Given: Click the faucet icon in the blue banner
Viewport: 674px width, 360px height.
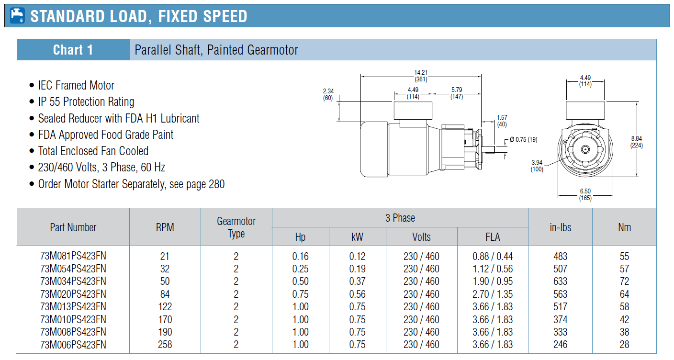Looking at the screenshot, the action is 17,16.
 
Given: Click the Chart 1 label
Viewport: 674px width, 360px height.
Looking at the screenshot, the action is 73,50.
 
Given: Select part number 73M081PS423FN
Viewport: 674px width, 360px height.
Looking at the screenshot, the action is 73,256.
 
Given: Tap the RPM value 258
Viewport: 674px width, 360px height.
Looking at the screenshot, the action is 165,344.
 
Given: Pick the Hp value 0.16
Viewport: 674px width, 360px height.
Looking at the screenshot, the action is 300,256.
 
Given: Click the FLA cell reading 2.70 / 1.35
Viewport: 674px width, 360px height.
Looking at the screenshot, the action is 493,294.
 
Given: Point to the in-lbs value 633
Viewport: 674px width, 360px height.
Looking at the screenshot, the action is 560,281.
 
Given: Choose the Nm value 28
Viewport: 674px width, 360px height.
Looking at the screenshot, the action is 624,344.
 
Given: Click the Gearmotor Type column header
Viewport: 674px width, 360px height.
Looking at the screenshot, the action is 236,227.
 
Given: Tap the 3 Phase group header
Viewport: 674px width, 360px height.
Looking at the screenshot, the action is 400,218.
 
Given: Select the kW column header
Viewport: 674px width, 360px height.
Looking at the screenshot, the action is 357,237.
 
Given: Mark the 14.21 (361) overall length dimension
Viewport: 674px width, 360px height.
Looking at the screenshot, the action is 421,76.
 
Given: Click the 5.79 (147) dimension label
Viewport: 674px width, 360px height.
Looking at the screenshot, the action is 457,93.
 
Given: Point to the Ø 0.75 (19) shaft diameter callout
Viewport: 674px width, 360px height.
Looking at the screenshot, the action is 523,139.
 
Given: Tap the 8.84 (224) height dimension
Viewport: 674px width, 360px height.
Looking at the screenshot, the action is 636,142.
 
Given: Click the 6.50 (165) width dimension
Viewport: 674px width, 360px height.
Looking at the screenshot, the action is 585,194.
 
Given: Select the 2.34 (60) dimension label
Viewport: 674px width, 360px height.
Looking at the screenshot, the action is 328,94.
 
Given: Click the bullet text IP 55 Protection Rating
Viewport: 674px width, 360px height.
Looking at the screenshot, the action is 86,102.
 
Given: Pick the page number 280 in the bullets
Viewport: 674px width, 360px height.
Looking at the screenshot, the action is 216,184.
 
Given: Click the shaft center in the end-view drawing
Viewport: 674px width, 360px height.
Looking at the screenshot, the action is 585,149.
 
